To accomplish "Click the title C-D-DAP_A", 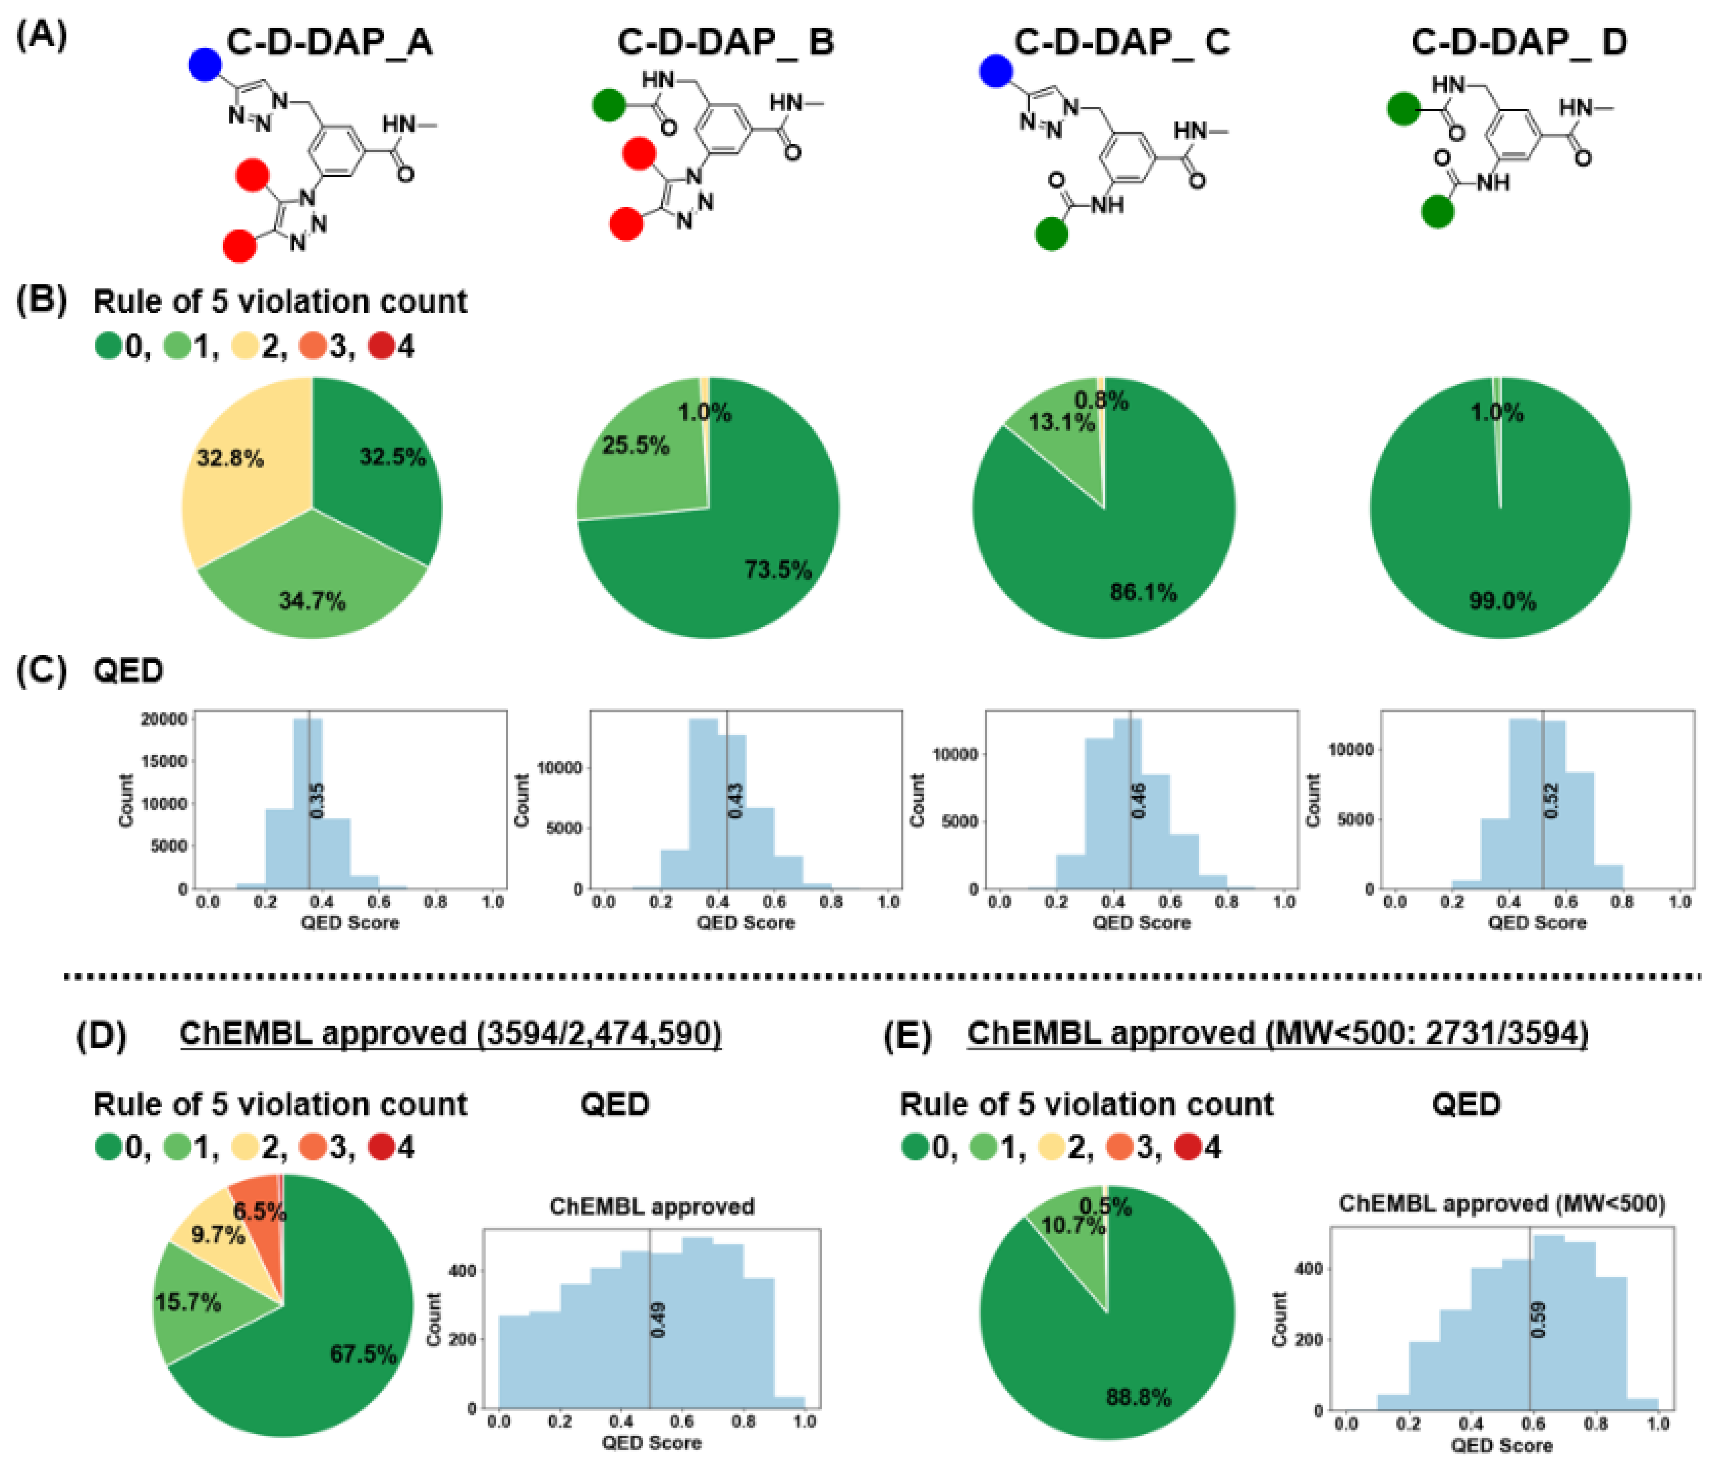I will pyautogui.click(x=329, y=42).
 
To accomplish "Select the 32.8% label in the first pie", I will pyautogui.click(x=230, y=458).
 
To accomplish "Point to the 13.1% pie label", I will pyautogui.click(x=1061, y=422).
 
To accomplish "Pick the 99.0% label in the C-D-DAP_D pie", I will pyautogui.click(x=1502, y=601).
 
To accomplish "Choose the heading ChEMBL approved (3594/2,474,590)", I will pyautogui.click(x=450, y=1033).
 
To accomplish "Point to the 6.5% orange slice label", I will pyautogui.click(x=259, y=1211).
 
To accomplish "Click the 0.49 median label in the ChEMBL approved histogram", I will pyautogui.click(x=658, y=1319).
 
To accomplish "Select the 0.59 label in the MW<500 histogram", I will pyautogui.click(x=1537, y=1319).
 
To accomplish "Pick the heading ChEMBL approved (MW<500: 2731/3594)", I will pyautogui.click(x=1277, y=1033).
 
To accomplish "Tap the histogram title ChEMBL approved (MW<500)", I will pyautogui.click(x=1502, y=1204).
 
